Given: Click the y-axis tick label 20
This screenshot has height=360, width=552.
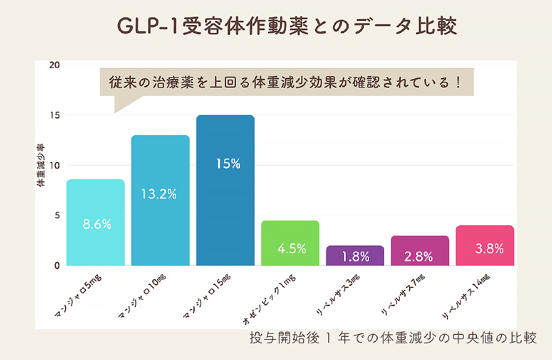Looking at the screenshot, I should tap(54, 65).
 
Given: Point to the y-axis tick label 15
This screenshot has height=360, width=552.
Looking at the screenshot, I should tap(54, 115).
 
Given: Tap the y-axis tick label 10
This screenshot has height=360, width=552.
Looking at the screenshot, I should tap(54, 165).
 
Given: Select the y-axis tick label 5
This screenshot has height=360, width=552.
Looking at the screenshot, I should tap(56, 215).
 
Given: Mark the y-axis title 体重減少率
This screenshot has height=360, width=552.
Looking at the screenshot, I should tap(41, 165).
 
